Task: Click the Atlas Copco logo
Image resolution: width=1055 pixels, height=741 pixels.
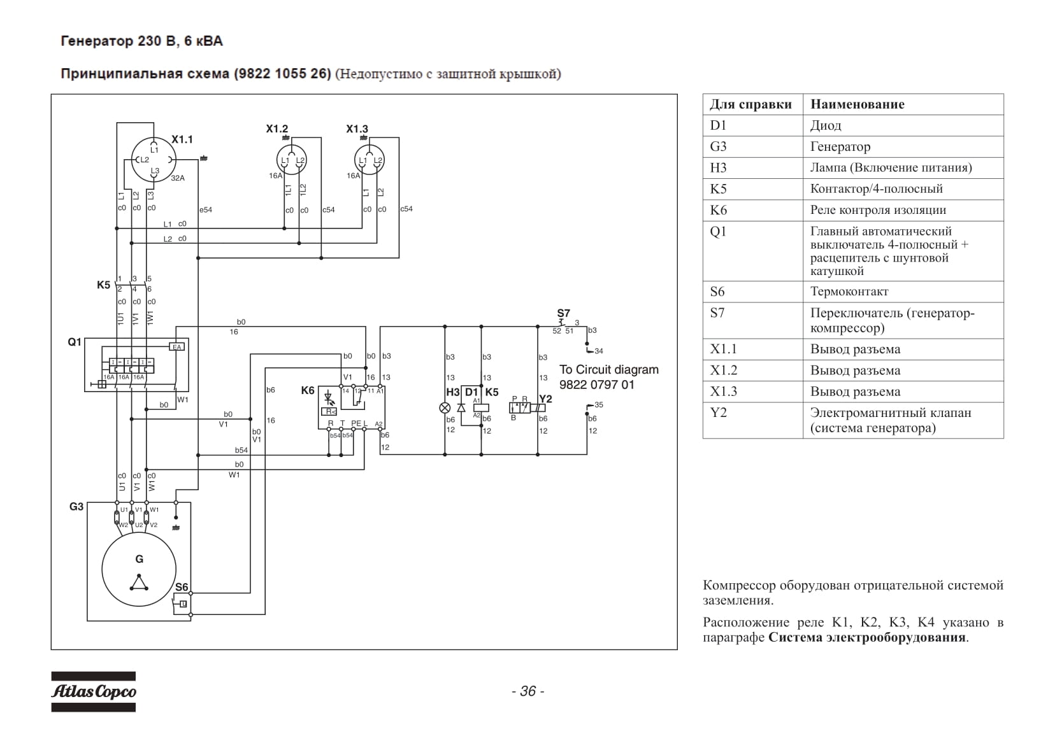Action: point(93,691)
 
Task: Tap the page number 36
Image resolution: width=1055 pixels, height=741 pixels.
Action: point(528,691)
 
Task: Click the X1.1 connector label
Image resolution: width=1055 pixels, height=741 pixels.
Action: point(182,139)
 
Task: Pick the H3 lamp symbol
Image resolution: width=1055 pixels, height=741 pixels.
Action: point(445,407)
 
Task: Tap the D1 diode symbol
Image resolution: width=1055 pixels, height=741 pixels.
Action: point(461,407)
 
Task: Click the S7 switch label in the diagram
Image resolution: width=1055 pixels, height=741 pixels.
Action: point(564,313)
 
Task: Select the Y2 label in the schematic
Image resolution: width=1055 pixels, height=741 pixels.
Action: point(545,399)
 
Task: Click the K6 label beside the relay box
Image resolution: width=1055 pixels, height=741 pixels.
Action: point(308,390)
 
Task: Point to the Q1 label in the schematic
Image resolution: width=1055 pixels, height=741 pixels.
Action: point(75,342)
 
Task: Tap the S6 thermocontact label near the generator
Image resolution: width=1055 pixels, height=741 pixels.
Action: point(182,587)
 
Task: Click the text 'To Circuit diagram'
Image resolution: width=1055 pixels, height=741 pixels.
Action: point(609,370)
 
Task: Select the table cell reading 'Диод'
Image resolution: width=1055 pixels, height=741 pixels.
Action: point(826,125)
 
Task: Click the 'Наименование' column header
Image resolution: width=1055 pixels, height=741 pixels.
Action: point(858,104)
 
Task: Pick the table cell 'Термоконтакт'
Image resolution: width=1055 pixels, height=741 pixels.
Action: point(849,292)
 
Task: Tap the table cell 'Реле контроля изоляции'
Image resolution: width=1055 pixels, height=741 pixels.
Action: point(878,210)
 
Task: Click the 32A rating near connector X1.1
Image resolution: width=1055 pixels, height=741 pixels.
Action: point(178,178)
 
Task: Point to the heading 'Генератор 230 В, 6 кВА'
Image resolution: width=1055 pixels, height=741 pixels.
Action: point(142,41)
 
